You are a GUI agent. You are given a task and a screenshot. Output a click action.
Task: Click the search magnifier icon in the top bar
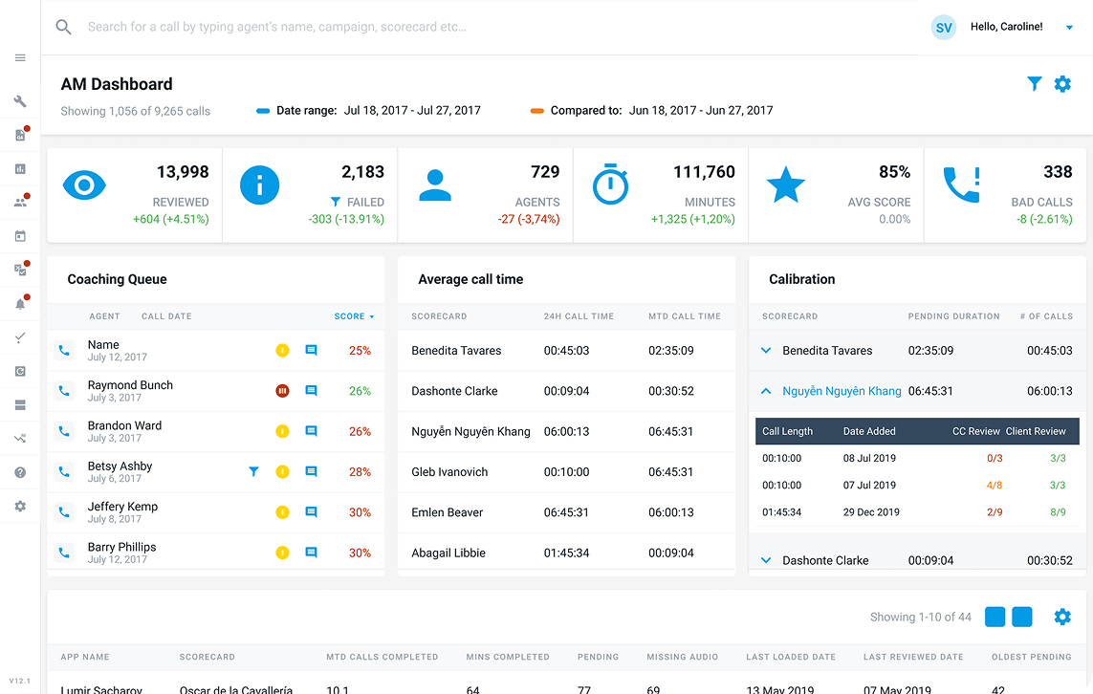click(63, 27)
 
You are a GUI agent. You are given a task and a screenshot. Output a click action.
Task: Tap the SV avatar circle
click(944, 27)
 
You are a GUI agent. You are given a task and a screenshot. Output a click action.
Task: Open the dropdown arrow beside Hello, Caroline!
click(1069, 28)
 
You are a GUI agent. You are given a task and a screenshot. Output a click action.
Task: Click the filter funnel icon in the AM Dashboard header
click(1035, 83)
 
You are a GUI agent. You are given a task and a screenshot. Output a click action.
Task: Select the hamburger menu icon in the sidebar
click(20, 57)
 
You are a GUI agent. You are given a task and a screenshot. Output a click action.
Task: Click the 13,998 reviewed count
click(183, 172)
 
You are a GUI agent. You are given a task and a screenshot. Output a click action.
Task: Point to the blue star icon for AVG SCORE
click(786, 184)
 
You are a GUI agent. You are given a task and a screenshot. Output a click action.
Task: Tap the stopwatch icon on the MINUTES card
click(611, 184)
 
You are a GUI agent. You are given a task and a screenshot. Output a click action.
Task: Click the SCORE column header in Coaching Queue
click(349, 316)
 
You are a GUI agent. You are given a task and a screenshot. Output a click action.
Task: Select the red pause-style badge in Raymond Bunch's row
click(282, 391)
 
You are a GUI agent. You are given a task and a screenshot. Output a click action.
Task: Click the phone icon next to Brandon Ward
click(64, 431)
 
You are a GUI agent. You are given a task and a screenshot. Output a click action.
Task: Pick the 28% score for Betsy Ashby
click(360, 471)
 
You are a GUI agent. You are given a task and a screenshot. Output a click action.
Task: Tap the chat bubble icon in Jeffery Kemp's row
click(312, 512)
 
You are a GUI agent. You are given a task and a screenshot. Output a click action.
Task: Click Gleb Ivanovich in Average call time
click(449, 471)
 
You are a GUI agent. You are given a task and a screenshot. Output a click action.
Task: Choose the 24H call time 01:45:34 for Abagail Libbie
click(567, 553)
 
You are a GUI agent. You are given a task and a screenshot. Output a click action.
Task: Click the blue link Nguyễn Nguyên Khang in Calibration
click(842, 391)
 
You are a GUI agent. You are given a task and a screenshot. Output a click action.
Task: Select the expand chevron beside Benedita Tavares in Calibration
click(766, 351)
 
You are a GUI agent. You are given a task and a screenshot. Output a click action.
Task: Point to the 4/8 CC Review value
click(995, 485)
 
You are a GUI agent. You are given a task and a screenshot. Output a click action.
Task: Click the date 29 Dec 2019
click(871, 512)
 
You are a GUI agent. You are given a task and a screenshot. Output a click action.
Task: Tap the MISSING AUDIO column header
click(683, 657)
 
